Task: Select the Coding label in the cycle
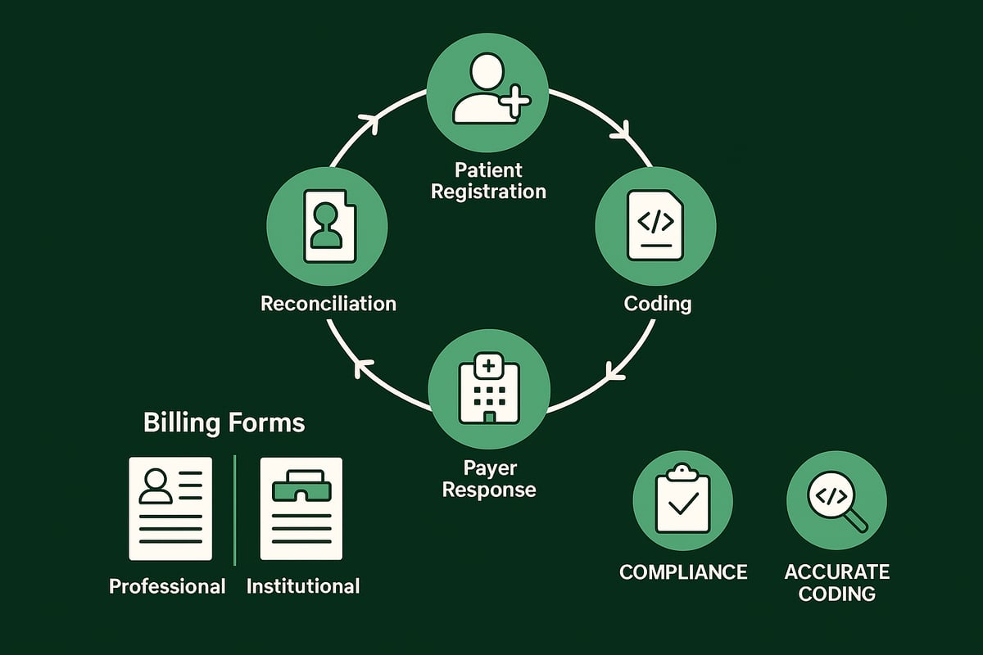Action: point(657,304)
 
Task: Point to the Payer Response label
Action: point(489,479)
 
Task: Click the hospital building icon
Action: point(489,390)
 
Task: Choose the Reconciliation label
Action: point(328,304)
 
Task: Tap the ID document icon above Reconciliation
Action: point(328,226)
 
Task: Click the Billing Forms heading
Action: point(224,423)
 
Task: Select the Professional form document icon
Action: point(170,508)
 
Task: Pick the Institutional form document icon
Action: point(301,508)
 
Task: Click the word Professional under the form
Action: point(167,586)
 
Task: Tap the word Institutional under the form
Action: point(302,586)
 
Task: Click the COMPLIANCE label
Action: point(683,571)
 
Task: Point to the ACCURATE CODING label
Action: point(836,581)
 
